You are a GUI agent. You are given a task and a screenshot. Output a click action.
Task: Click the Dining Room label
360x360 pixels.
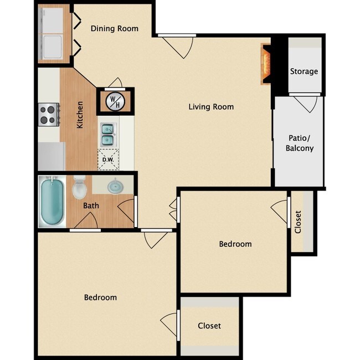coord(115,28)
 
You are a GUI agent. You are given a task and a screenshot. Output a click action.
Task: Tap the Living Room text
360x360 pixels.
coord(211,107)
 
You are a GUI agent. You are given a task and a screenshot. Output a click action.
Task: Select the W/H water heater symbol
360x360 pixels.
coord(115,102)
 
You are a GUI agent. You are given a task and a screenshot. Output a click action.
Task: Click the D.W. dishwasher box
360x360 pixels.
coord(108,160)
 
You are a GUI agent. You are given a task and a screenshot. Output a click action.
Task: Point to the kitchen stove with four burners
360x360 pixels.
coord(49,115)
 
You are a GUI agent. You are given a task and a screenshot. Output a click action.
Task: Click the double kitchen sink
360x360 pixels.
coord(108,135)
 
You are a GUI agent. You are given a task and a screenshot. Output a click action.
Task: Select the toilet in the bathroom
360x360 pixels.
coord(79,187)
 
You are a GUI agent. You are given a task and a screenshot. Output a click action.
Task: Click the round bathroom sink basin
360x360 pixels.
coord(116,186)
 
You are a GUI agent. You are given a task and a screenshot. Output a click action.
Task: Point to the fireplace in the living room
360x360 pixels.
coord(266,64)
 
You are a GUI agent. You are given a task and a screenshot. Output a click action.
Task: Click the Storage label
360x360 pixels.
coord(304,71)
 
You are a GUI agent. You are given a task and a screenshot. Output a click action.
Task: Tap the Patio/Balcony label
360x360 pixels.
coord(300,143)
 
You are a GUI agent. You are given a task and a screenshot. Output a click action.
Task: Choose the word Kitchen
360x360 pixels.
coord(80,115)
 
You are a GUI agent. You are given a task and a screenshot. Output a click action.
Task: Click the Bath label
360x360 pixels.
coord(91,205)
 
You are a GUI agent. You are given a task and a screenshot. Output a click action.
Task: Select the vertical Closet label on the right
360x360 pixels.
coord(298,222)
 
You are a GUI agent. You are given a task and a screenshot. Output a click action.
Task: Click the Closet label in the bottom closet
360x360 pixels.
coord(209,326)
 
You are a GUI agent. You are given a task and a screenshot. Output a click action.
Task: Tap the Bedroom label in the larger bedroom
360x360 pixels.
coord(100,297)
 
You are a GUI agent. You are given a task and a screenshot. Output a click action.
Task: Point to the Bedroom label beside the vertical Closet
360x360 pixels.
coord(235,244)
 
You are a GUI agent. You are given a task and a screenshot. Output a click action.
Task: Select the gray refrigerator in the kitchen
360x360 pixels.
coord(52,156)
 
